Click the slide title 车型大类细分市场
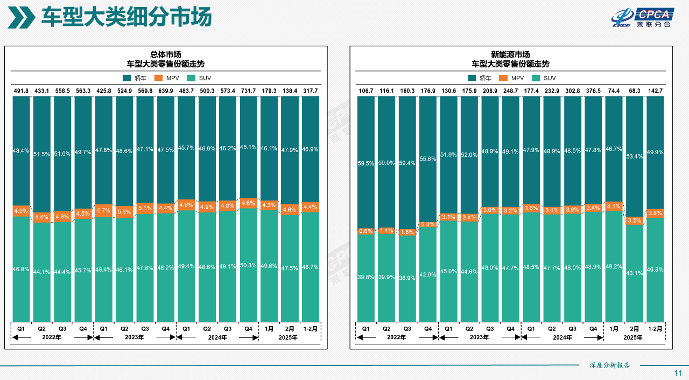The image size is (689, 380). click(126, 17)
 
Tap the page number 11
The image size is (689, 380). click(678, 373)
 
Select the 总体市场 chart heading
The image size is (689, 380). click(165, 54)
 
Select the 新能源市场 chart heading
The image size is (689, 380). click(510, 54)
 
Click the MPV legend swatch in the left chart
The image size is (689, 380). click(158, 78)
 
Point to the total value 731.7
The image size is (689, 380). click(248, 91)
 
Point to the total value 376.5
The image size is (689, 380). click(593, 91)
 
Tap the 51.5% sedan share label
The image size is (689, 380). click(41, 154)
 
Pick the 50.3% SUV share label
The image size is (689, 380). click(248, 265)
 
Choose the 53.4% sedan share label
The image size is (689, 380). click(635, 156)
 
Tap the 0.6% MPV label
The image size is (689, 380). click(365, 231)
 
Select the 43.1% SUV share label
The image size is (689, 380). click(635, 273)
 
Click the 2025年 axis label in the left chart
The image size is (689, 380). click(289, 338)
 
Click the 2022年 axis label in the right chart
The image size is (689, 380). click(396, 338)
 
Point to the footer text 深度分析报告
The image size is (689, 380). click(609, 365)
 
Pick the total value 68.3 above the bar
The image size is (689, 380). click(634, 91)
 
